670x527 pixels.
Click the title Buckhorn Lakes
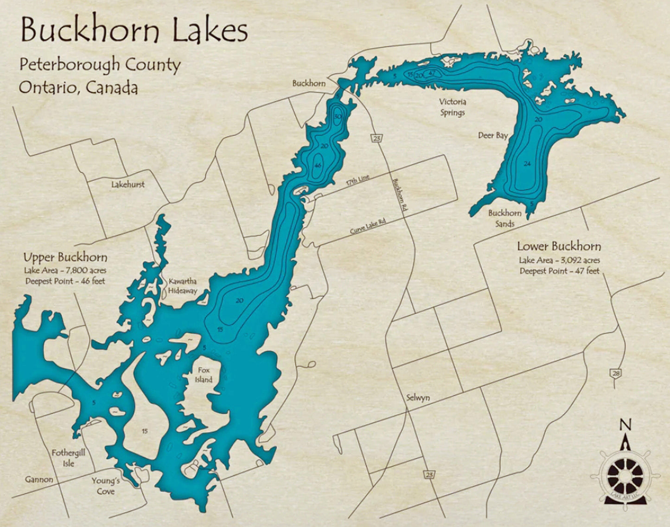click(134, 30)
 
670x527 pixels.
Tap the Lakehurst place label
click(128, 184)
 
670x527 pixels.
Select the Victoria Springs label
click(453, 107)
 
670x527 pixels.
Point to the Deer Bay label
click(493, 135)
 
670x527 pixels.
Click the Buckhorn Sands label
click(504, 218)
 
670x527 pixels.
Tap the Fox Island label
click(204, 375)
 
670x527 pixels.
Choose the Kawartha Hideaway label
click(182, 286)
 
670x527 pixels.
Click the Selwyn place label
click(418, 398)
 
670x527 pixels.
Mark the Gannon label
click(39, 479)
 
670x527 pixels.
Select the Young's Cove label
click(106, 486)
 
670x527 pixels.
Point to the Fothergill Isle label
click(68, 458)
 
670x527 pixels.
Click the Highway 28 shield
click(615, 374)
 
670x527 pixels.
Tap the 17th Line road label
click(357, 180)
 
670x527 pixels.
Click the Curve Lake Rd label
click(368, 226)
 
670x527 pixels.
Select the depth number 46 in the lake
click(318, 165)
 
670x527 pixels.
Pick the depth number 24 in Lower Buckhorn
click(527, 164)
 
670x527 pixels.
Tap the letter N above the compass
click(625, 424)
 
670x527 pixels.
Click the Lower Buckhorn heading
click(559, 247)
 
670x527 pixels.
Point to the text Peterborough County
click(100, 65)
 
